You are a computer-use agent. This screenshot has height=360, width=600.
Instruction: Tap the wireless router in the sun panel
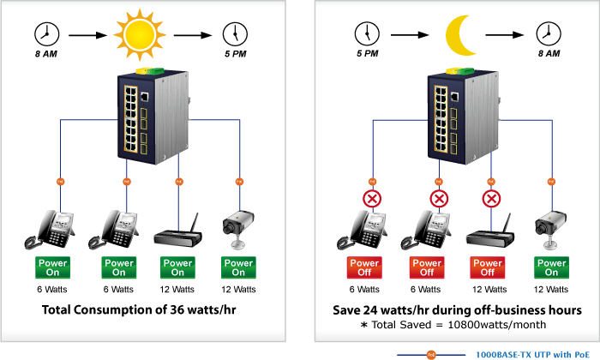tap(177, 232)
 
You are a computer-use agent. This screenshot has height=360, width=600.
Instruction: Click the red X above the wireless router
tap(491, 200)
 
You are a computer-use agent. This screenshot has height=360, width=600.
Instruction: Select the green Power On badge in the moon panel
tap(550, 267)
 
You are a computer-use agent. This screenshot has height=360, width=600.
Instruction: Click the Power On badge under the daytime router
tap(177, 267)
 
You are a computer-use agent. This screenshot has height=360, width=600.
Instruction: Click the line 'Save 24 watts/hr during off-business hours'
tap(458, 309)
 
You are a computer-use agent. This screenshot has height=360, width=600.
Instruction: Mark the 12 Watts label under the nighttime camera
tap(550, 290)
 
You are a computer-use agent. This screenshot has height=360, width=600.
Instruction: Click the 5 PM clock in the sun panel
tap(232, 34)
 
